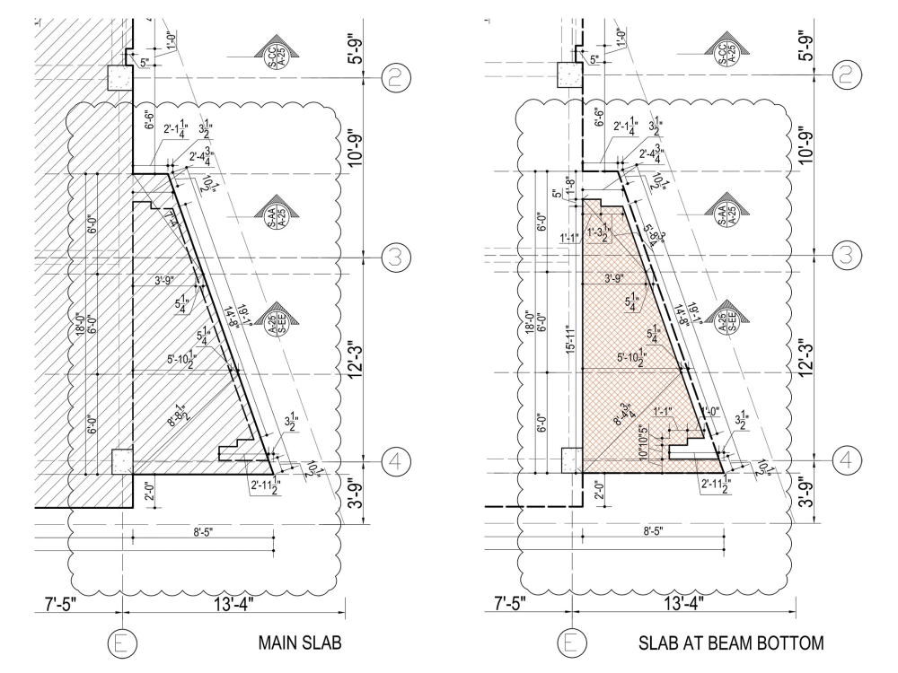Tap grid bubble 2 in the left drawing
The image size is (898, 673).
(x=395, y=77)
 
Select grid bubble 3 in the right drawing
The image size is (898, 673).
(x=844, y=257)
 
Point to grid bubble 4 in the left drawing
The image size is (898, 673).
(x=395, y=461)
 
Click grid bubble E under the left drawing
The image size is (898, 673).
(x=120, y=643)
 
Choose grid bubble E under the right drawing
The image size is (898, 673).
(x=569, y=643)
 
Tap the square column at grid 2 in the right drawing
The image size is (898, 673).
(x=568, y=77)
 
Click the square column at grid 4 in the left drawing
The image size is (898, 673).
(x=120, y=461)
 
